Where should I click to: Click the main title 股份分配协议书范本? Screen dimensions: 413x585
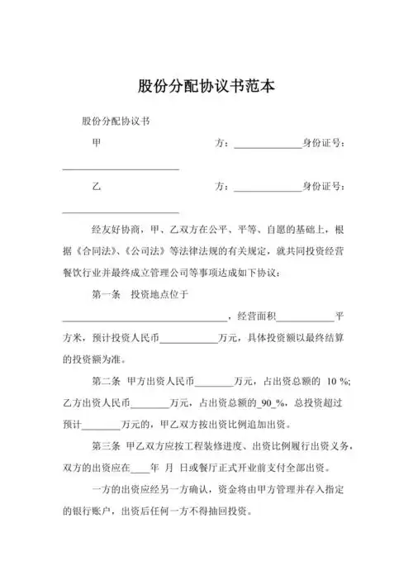click(206, 86)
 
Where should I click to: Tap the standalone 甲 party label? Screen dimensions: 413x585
click(97, 143)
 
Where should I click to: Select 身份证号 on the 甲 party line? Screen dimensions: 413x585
click(325, 143)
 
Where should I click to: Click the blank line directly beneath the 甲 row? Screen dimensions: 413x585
click(121, 169)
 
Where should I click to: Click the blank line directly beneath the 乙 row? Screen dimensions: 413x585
click(121, 211)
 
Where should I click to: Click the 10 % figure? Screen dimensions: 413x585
click(338, 381)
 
